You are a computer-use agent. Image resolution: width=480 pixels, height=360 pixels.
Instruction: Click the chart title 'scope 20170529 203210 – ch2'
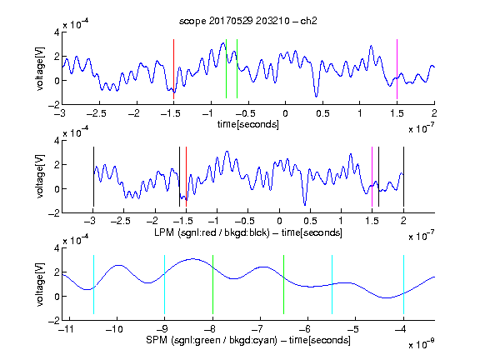point(248,21)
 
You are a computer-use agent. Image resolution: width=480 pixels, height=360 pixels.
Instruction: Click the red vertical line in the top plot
point(173,69)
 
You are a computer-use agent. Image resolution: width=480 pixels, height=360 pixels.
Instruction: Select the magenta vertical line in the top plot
point(397,69)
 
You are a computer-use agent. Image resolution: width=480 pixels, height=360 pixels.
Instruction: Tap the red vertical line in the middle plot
point(186,177)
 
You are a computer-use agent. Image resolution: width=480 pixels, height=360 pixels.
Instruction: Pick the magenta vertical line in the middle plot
point(372,177)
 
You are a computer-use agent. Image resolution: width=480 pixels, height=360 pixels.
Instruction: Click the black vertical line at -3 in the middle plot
point(93,177)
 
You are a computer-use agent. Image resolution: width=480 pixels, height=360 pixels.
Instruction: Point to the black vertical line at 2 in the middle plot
point(403,177)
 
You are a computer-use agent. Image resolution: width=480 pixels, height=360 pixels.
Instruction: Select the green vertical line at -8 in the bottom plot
point(212,284)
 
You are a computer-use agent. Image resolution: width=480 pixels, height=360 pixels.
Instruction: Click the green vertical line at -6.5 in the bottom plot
point(284,284)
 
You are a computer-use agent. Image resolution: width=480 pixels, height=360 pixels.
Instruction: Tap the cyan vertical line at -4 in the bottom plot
point(403,284)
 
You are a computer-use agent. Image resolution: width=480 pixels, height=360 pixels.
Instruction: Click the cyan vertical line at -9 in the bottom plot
point(165,284)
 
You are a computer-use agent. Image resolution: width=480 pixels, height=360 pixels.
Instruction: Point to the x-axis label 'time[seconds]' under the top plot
point(248,124)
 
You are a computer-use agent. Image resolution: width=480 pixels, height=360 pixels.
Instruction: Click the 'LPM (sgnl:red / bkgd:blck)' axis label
point(212,232)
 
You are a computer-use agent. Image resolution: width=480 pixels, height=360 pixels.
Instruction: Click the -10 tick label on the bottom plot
point(114,329)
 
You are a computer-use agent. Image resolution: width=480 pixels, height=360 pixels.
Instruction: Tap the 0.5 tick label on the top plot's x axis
point(322,113)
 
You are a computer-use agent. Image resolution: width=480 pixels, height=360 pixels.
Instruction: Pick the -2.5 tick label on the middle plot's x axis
point(121,221)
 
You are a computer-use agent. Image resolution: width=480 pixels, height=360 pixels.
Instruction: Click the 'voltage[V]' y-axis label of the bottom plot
point(40,284)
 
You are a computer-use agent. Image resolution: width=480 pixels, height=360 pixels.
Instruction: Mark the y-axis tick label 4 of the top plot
point(57,32)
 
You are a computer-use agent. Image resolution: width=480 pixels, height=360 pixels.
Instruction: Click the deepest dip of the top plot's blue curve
point(316,97)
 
